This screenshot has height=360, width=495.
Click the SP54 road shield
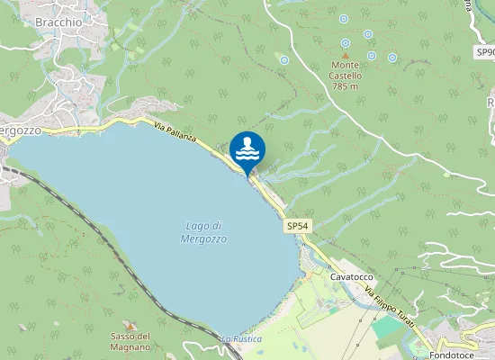click(298, 226)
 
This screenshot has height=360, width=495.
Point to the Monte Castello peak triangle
click(345, 54)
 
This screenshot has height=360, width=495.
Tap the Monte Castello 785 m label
click(346, 76)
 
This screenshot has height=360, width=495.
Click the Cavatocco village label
click(352, 277)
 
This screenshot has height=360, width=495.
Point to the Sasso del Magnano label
click(130, 342)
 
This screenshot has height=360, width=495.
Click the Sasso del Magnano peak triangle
click(130, 326)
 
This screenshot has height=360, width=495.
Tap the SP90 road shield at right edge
click(484, 65)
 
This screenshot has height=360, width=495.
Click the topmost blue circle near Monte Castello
click(343, 19)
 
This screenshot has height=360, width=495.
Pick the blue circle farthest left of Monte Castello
click(284, 60)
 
